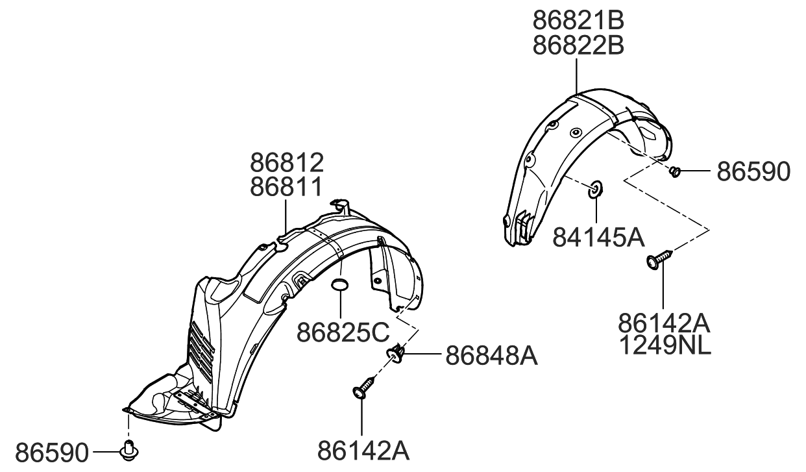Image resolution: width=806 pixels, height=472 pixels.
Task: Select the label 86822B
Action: coord(578,46)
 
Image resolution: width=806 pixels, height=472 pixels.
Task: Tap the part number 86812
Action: coord(287,162)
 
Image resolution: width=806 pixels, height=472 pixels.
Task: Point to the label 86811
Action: coord(287,188)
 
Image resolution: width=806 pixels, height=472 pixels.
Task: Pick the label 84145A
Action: coord(598,238)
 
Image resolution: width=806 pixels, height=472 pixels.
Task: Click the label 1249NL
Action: coord(664,347)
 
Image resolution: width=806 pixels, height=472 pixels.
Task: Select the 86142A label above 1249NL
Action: coord(664,322)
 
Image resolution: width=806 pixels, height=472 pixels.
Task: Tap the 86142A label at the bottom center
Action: coord(363,451)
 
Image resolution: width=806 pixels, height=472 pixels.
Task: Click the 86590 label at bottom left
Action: coord(51,452)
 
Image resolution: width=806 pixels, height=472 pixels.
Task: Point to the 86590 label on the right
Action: coord(753,172)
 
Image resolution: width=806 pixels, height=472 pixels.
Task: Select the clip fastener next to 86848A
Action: coord(396,354)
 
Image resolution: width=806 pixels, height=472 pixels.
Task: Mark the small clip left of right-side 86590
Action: coord(675,172)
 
